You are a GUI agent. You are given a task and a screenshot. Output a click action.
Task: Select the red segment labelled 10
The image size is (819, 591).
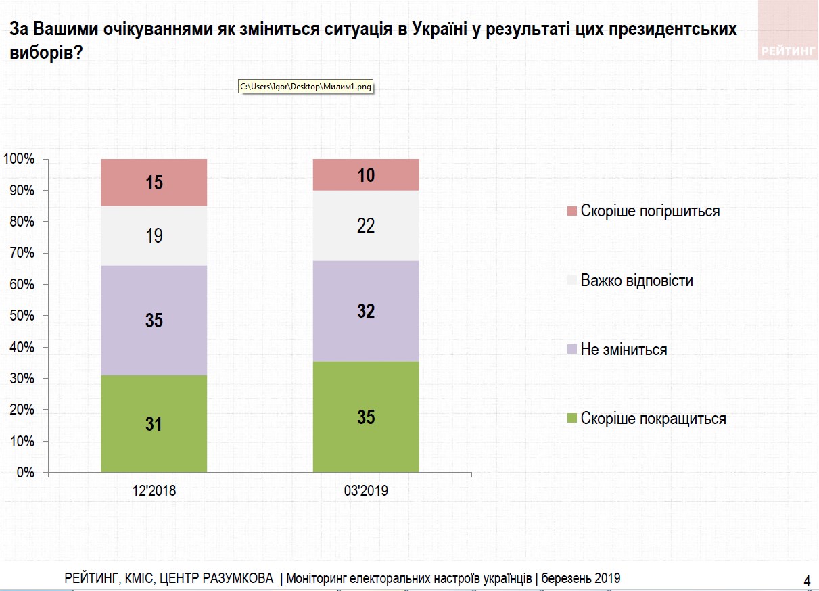pyautogui.click(x=366, y=175)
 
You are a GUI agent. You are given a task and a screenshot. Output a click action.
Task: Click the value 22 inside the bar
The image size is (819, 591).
pyautogui.click(x=366, y=226)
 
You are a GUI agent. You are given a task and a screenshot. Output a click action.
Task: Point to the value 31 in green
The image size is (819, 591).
pyautogui.click(x=154, y=424)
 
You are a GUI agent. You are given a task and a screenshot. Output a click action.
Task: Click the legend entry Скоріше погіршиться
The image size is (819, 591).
pyautogui.click(x=649, y=211)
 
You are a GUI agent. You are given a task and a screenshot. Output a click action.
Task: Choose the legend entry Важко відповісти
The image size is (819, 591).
pyautogui.click(x=636, y=281)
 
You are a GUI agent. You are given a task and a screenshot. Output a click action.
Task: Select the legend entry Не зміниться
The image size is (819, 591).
pyautogui.click(x=623, y=350)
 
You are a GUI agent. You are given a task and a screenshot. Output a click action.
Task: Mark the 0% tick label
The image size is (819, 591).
pyautogui.click(x=25, y=473)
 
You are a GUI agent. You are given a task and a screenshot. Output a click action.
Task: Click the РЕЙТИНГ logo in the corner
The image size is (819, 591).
pyautogui.click(x=788, y=51)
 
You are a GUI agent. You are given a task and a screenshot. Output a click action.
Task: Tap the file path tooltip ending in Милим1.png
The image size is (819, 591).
pyautogui.click(x=306, y=87)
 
